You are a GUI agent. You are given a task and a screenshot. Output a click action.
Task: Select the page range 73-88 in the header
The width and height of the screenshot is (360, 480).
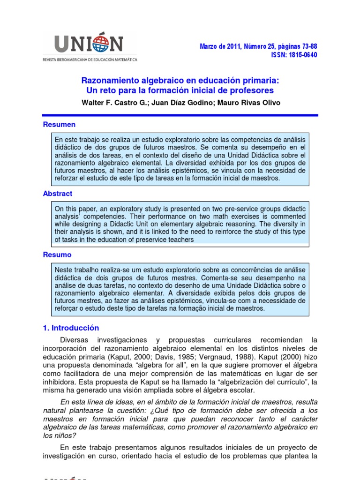click(x=308, y=46)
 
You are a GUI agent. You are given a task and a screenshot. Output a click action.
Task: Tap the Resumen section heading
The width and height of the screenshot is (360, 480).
click(x=59, y=125)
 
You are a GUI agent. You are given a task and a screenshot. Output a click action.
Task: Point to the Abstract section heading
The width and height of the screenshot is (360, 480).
click(x=58, y=193)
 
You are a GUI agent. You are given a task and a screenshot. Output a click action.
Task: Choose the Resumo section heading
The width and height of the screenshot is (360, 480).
click(x=57, y=255)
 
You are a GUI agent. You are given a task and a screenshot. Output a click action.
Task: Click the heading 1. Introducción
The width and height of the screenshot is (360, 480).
click(x=71, y=328)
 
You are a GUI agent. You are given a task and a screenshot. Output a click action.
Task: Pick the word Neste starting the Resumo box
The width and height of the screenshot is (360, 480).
click(x=65, y=270)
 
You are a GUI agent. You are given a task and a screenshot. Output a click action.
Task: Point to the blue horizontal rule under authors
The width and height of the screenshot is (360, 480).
click(x=180, y=115)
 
